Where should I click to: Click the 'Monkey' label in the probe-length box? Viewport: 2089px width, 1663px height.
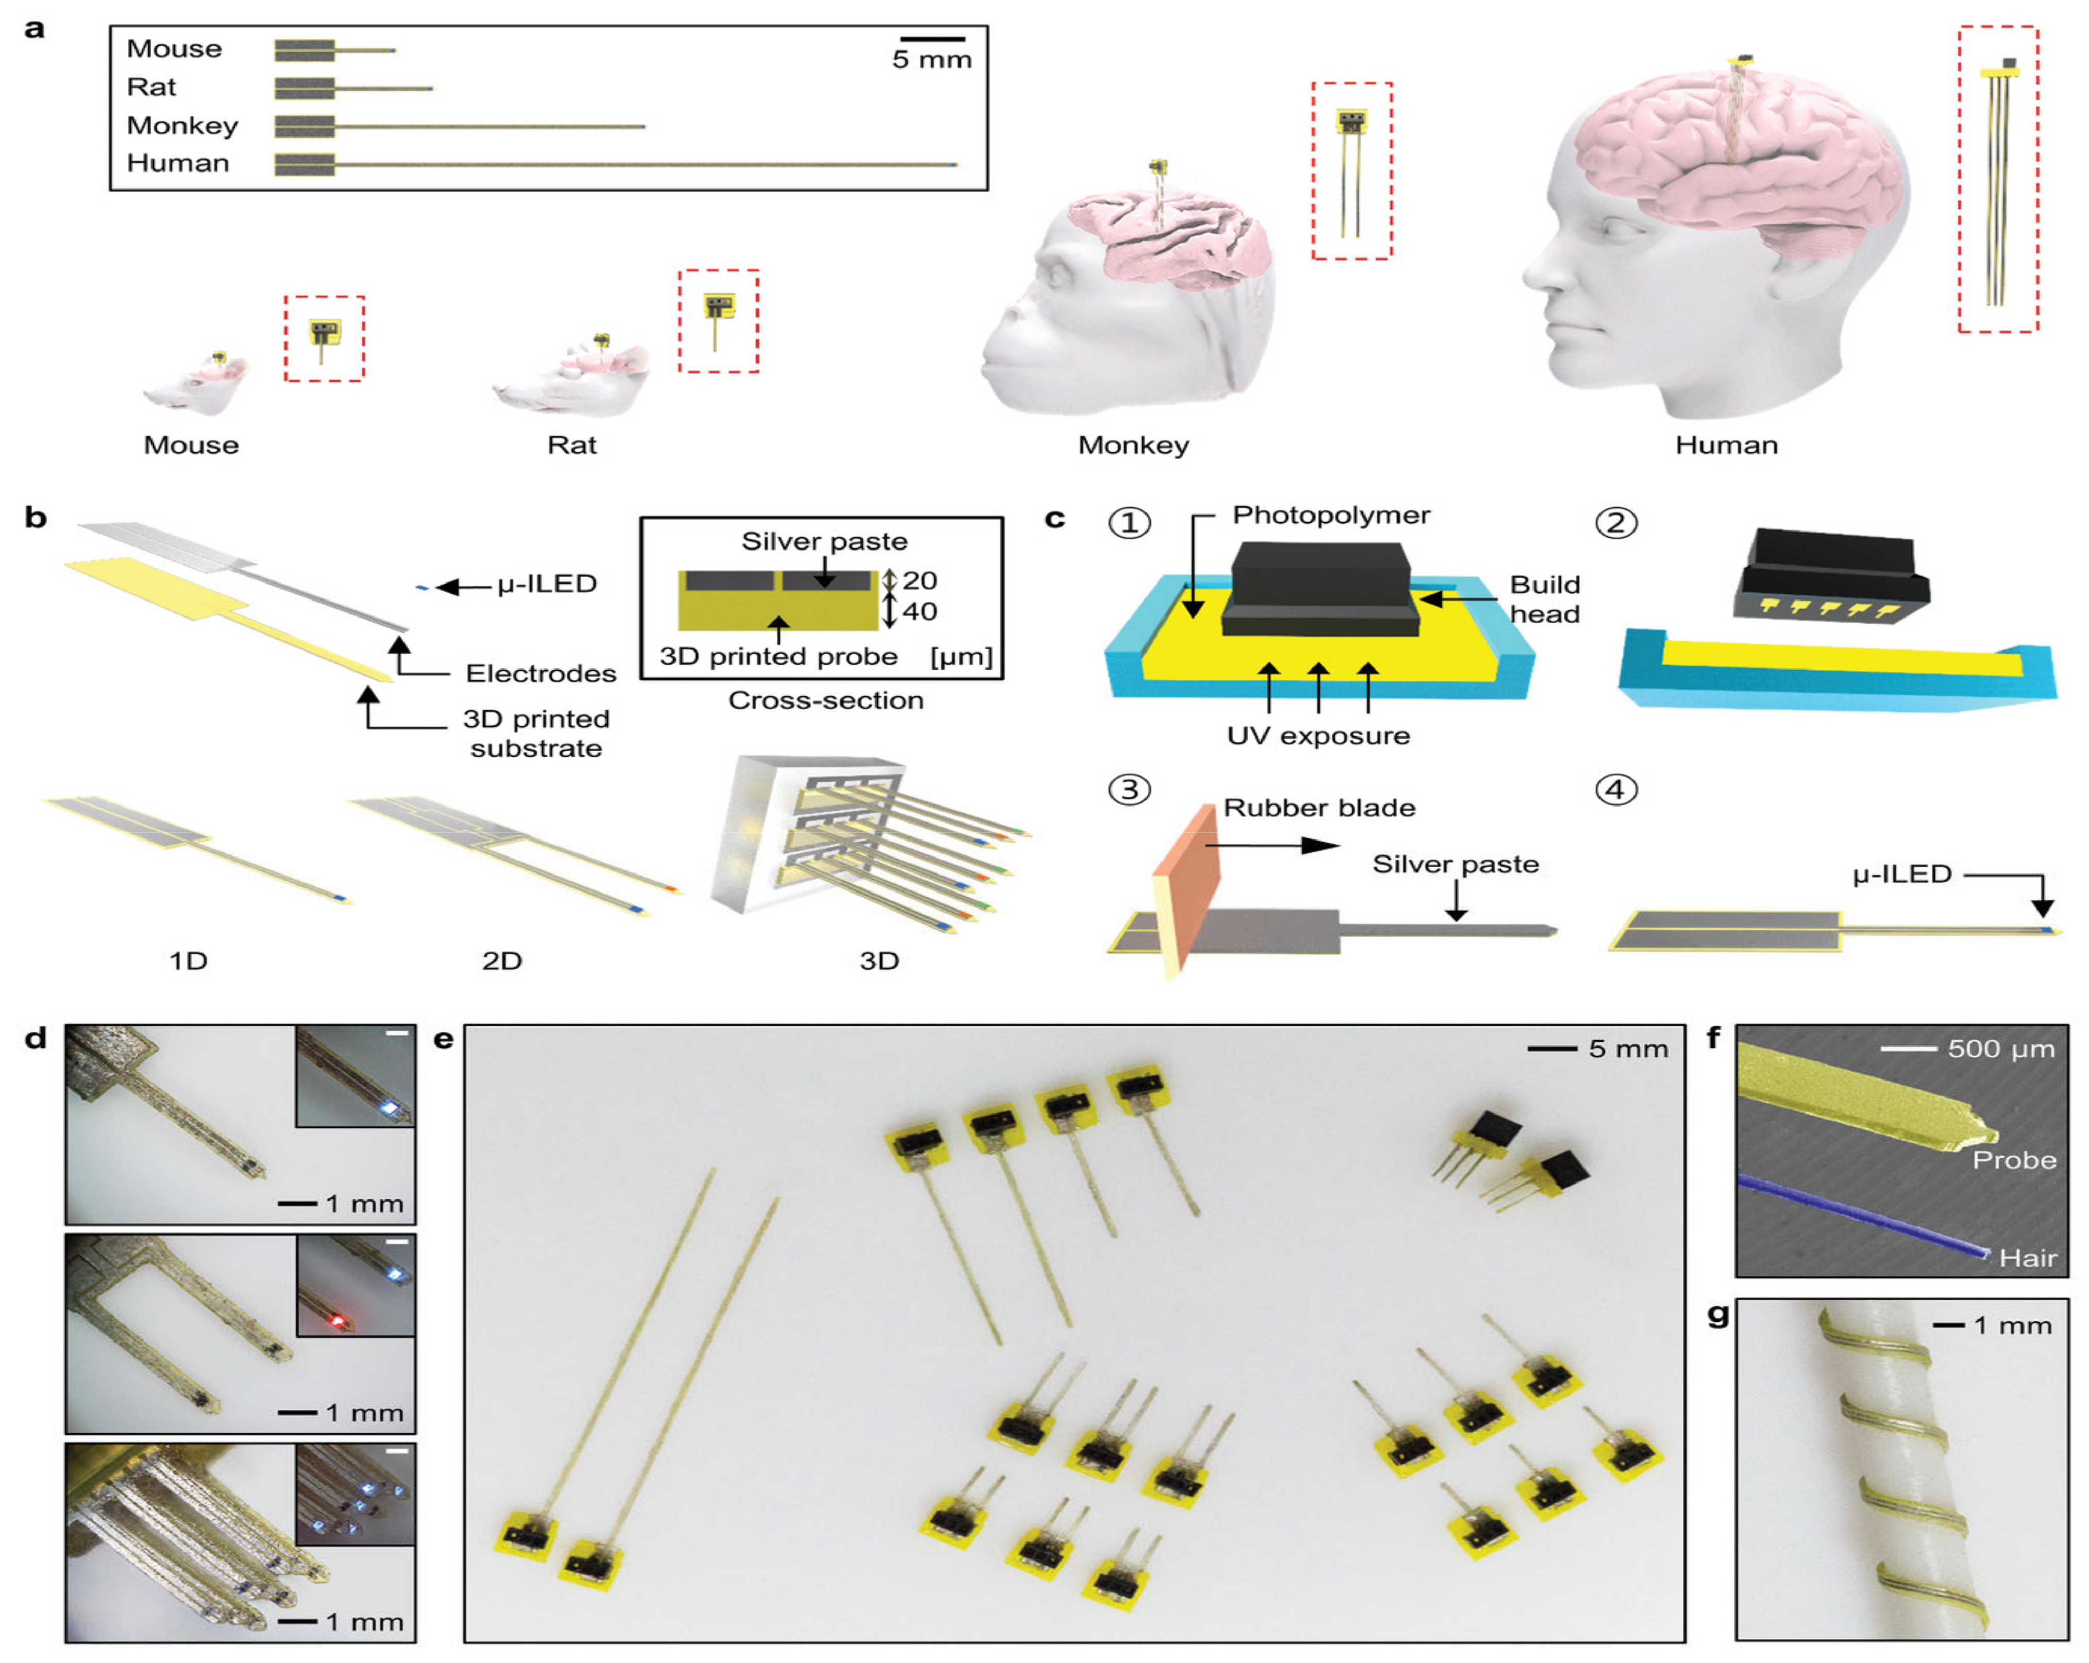182,126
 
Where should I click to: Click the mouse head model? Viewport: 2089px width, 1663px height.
194,385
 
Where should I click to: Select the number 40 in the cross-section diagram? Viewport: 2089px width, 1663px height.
919,611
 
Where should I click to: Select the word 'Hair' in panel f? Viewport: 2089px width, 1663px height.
2027,1258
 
